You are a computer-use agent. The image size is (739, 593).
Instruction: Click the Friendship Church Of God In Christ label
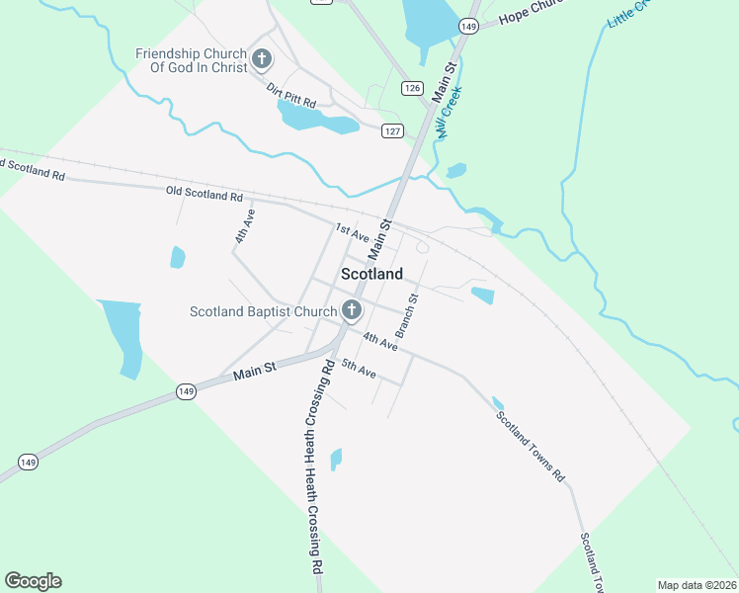click(192, 60)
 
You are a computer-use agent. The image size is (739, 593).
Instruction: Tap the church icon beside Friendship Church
click(262, 59)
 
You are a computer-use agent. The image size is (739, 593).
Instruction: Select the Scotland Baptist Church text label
click(264, 312)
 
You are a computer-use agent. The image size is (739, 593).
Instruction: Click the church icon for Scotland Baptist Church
click(351, 311)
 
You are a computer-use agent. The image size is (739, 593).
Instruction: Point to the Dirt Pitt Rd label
click(291, 95)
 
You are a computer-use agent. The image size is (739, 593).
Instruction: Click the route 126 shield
click(413, 89)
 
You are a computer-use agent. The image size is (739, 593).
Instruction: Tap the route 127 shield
click(393, 130)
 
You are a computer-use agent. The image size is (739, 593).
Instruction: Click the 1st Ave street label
click(352, 233)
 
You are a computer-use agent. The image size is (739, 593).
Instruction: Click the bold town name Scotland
click(371, 274)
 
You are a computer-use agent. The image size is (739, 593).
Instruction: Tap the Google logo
click(33, 581)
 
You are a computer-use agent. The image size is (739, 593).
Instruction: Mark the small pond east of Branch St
click(482, 295)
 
